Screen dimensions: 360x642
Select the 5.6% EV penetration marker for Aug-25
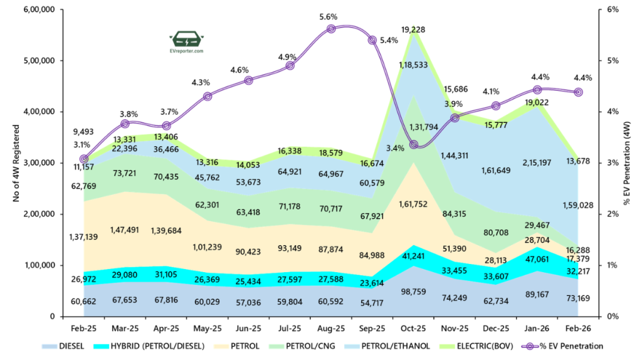[x=331, y=29]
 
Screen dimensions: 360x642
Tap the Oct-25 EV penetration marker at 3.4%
[x=414, y=145]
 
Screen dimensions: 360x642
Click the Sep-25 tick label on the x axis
[x=372, y=328]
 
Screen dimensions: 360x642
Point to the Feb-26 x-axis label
[x=578, y=328]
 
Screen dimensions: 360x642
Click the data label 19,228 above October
[x=414, y=29]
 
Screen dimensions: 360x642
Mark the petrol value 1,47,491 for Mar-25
[x=125, y=230]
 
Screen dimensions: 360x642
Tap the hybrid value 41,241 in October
[x=414, y=255]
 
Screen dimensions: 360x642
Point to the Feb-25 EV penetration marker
[x=84, y=159]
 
